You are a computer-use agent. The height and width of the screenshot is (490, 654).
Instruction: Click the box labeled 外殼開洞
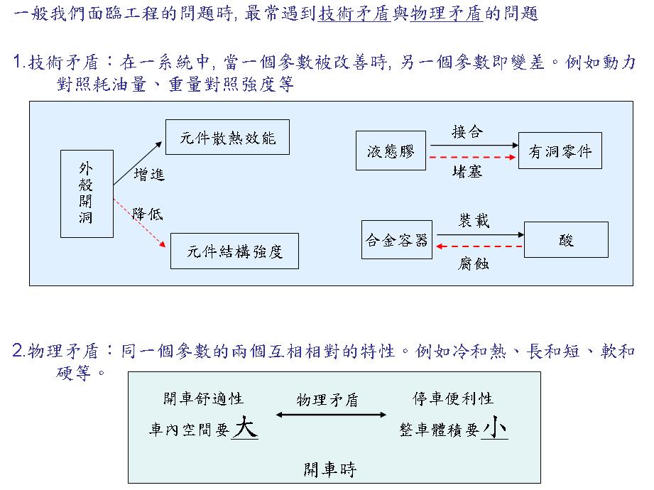(87, 193)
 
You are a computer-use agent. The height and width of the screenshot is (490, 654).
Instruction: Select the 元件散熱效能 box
(227, 137)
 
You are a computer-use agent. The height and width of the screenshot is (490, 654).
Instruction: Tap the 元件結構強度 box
(234, 251)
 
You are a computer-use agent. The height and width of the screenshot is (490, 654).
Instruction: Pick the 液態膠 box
(391, 151)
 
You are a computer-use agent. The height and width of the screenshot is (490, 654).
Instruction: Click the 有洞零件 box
(560, 151)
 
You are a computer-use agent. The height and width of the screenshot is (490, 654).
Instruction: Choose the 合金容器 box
(397, 240)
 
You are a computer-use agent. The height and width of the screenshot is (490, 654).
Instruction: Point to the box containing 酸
(566, 240)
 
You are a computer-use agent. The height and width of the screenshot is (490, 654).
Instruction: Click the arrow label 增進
(149, 174)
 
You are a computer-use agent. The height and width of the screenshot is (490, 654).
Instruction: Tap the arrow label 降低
(147, 214)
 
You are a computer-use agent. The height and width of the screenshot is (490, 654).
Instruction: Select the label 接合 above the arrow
(467, 132)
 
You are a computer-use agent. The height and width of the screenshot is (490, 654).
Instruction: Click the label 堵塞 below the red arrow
(467, 171)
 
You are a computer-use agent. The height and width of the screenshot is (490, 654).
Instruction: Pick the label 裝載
(474, 221)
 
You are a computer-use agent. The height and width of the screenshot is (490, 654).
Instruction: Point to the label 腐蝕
(473, 263)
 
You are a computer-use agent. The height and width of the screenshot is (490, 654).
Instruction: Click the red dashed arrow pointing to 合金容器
(479, 246)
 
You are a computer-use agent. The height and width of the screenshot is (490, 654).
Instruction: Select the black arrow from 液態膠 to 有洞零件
(474, 145)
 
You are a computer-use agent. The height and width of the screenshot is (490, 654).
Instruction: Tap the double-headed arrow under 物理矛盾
(331, 415)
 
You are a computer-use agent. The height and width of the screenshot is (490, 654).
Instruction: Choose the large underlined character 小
(494, 427)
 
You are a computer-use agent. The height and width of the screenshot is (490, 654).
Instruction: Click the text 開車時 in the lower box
(330, 469)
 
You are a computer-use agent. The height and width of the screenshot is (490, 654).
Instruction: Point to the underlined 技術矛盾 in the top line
(354, 13)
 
